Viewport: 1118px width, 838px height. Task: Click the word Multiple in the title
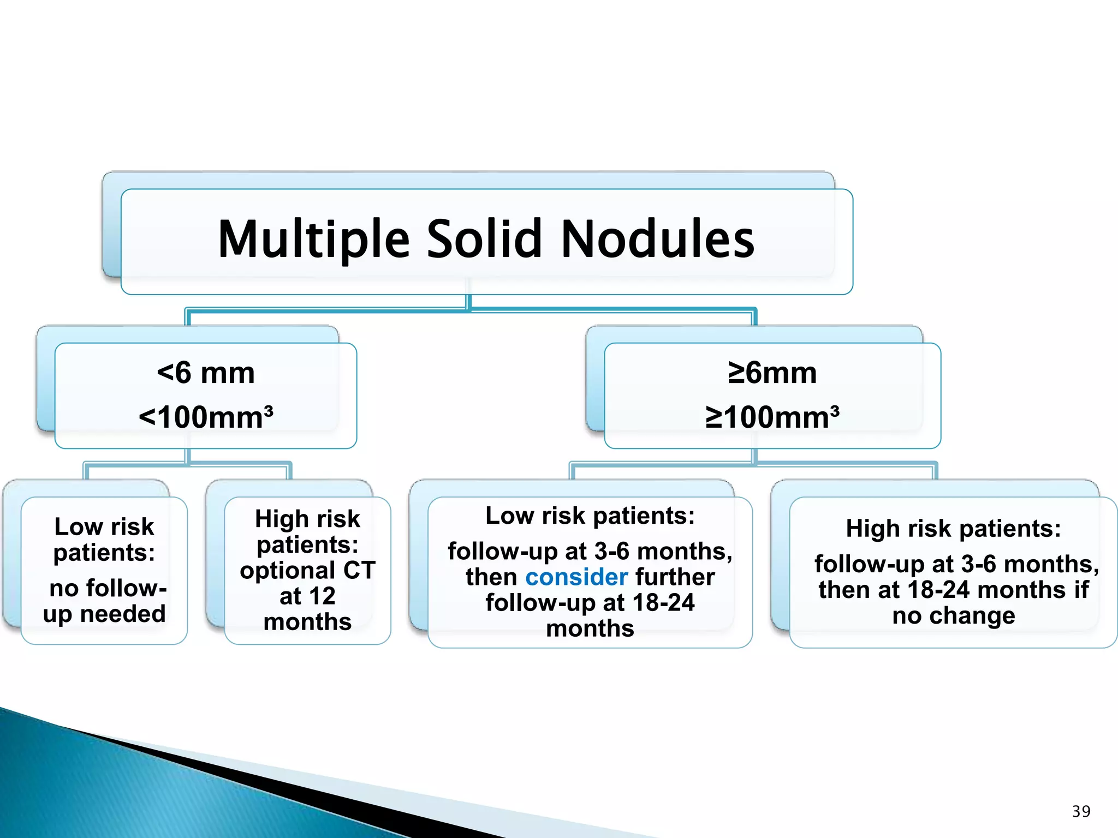click(313, 240)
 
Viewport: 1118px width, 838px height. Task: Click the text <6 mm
click(206, 373)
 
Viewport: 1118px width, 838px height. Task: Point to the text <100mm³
click(206, 417)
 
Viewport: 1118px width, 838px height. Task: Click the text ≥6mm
click(772, 373)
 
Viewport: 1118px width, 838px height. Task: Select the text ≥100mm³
click(772, 417)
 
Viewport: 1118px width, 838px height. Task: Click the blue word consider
click(576, 577)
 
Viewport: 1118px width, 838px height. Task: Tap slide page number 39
click(1081, 811)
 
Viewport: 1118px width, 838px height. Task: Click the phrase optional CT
click(307, 571)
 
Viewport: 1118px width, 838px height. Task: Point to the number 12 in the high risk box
click(322, 596)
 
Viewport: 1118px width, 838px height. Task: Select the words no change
click(953, 616)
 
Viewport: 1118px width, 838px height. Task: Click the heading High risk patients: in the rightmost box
click(953, 529)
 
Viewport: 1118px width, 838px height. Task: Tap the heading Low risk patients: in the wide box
click(590, 516)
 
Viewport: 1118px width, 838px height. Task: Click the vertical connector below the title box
click(468, 302)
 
